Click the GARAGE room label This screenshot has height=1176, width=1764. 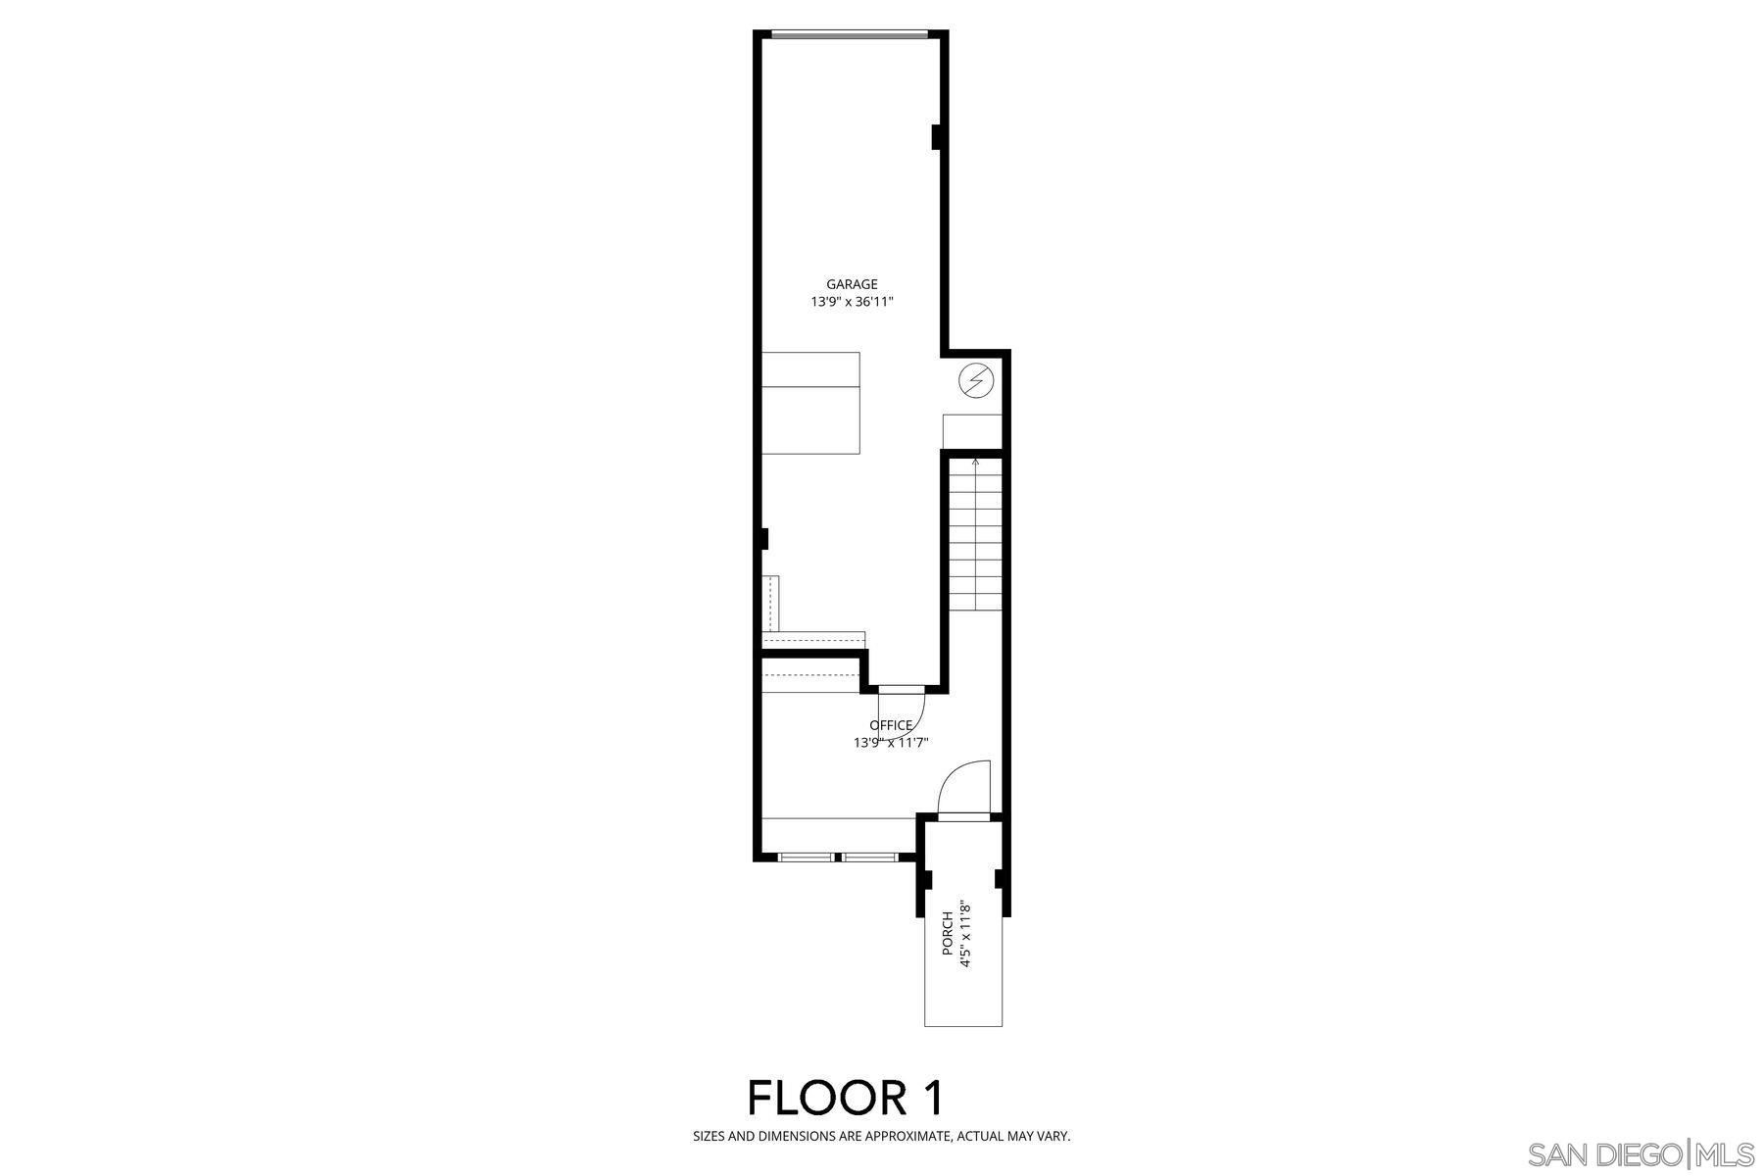(x=852, y=285)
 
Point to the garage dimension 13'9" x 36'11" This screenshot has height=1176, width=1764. (x=852, y=303)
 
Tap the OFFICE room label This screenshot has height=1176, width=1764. (x=891, y=725)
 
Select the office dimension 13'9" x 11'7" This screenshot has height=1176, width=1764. (x=891, y=743)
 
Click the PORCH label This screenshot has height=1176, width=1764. (x=948, y=934)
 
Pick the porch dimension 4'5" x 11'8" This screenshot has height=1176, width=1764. (x=965, y=934)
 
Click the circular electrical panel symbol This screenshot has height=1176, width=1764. (x=975, y=379)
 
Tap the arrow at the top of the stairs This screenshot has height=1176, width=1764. (x=975, y=462)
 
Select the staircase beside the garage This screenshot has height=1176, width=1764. (x=975, y=534)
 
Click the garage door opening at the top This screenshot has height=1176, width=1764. (x=849, y=35)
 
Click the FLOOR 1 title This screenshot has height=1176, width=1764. (x=846, y=1098)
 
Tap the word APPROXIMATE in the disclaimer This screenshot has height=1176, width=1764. (x=901, y=1137)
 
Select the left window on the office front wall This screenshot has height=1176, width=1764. (x=806, y=857)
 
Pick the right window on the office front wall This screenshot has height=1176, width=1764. (x=870, y=857)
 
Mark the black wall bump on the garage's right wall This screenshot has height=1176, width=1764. (x=937, y=137)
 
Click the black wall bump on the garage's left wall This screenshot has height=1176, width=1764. (x=764, y=538)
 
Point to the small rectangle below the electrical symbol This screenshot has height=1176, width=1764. (x=972, y=432)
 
